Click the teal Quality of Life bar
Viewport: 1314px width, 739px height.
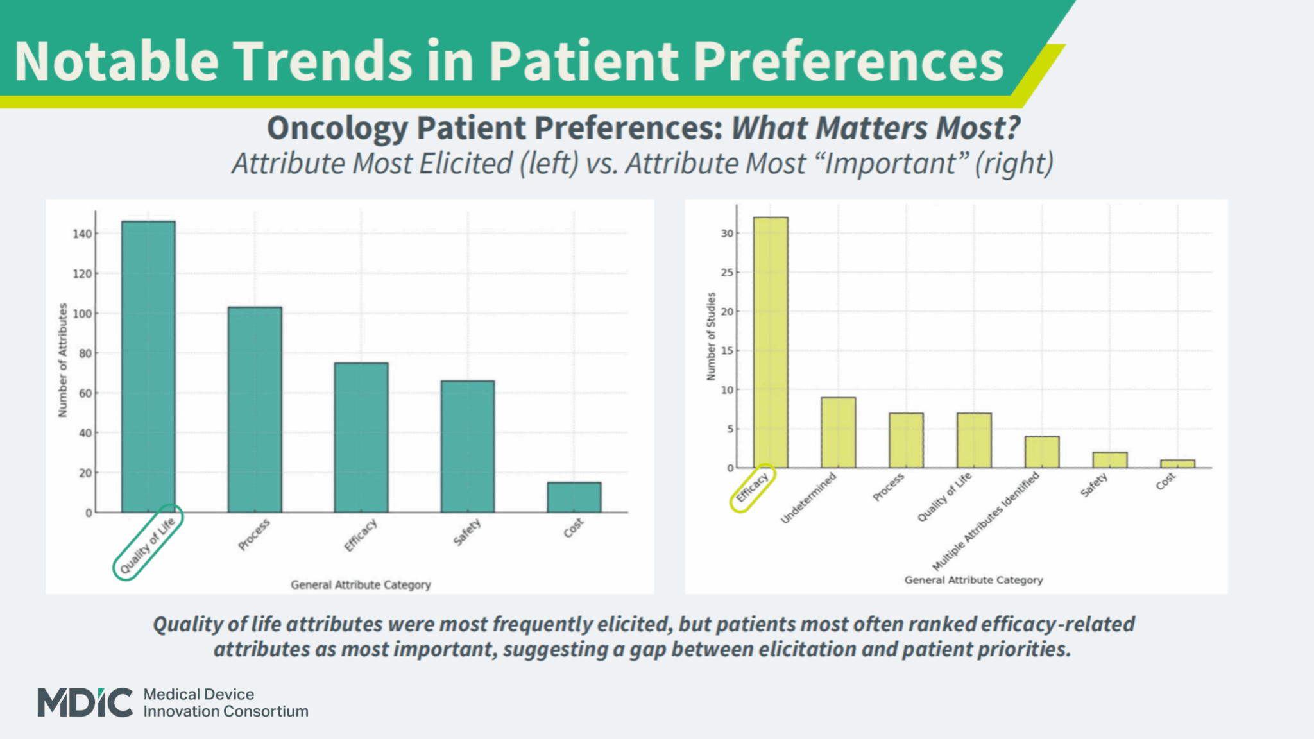tap(148, 367)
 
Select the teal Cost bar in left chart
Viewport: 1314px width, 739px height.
tap(574, 498)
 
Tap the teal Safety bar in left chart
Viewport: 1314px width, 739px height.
tap(467, 446)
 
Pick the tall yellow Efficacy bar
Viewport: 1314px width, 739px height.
tap(771, 343)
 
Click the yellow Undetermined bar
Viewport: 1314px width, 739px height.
tap(838, 433)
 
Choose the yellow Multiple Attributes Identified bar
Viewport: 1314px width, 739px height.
tap(1041, 452)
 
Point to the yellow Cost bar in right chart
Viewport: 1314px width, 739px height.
tap(1177, 464)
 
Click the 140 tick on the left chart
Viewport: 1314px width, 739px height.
tap(82, 234)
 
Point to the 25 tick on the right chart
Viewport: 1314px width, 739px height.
tap(726, 273)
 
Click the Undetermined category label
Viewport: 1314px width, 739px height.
tap(808, 498)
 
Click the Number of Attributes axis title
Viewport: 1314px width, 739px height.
tap(63, 360)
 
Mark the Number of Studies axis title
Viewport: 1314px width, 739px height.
tap(711, 336)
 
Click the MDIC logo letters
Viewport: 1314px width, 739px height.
tap(85, 702)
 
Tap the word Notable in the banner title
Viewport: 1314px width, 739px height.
tap(116, 62)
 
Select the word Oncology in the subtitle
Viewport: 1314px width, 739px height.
tap(337, 128)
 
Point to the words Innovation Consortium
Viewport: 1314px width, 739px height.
tap(225, 711)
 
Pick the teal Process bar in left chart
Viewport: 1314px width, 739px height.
tap(255, 409)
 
